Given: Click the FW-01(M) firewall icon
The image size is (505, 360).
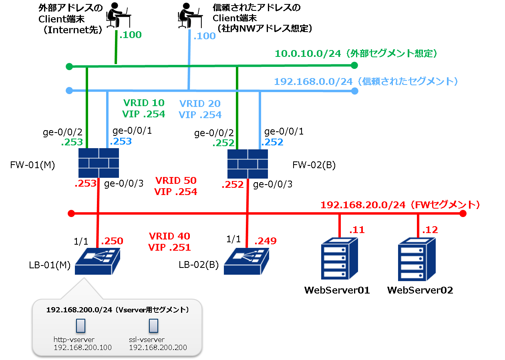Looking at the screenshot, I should pyautogui.click(x=99, y=163).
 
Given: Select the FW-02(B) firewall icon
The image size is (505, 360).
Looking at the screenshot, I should pyautogui.click(x=247, y=163).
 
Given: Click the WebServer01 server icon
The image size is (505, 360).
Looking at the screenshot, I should pyautogui.click(x=339, y=258).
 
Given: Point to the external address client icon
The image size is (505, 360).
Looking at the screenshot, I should pyautogui.click(x=117, y=15).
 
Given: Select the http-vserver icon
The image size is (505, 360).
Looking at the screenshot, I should pyautogui.click(x=80, y=326).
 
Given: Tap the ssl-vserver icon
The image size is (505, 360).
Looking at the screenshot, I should pyautogui.click(x=153, y=326).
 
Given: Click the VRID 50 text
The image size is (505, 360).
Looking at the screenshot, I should pyautogui.click(x=175, y=181).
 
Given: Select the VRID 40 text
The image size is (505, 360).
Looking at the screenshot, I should pyautogui.click(x=169, y=236).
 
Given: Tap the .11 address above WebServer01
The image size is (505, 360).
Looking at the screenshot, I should pyautogui.click(x=357, y=230).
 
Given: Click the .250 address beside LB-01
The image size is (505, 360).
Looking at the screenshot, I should pyautogui.click(x=112, y=241).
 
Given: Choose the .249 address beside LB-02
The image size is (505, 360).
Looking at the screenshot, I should pyautogui.click(x=266, y=241).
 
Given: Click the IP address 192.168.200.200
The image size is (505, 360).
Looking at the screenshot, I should pyautogui.click(x=158, y=348).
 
